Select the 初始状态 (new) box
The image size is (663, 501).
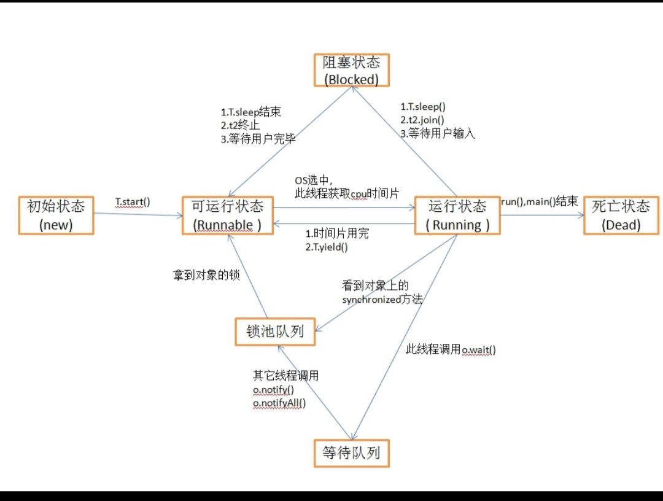pyautogui.click(x=56, y=215)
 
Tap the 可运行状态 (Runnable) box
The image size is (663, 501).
pyautogui.click(x=227, y=215)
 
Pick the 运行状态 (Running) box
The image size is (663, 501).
pyautogui.click(x=457, y=215)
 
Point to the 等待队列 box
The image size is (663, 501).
pyautogui.click(x=351, y=453)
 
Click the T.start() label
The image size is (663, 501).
pyautogui.click(x=133, y=201)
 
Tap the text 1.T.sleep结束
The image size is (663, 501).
pyautogui.click(x=251, y=112)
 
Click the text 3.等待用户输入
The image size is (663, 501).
pyautogui.click(x=438, y=132)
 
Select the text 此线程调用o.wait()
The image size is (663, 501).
pyautogui.click(x=451, y=349)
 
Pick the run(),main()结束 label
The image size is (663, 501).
pyautogui.click(x=540, y=201)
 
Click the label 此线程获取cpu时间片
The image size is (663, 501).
pyautogui.click(x=346, y=193)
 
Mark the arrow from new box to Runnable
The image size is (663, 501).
pyautogui.click(x=138, y=214)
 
